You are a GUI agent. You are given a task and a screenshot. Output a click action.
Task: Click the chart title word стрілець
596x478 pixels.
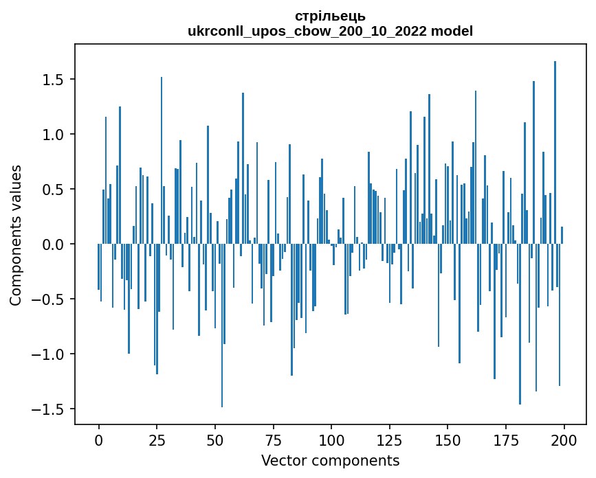tap(330, 16)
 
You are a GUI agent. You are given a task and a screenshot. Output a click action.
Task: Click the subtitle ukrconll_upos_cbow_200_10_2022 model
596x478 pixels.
tap(330, 31)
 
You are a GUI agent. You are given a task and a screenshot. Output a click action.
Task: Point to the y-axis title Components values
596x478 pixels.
tap(15, 235)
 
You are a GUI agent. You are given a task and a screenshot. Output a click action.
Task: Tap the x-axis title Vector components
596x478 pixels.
tap(330, 460)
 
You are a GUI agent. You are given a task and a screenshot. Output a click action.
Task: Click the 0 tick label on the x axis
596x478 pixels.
tap(98, 440)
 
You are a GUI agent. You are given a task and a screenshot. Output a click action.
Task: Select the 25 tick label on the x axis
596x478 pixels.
tap(157, 440)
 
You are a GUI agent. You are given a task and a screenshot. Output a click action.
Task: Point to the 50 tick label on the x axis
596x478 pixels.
tap(215, 440)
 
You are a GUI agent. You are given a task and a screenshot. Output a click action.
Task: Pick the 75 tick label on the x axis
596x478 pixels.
tap(273, 440)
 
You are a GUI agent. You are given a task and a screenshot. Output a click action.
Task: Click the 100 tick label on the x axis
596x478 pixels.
tap(331, 440)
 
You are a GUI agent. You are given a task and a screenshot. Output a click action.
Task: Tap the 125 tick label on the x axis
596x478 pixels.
tap(389, 440)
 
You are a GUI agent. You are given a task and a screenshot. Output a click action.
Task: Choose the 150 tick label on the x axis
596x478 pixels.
tap(448, 440)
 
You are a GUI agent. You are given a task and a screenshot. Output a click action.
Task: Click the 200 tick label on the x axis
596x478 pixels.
tap(564, 440)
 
